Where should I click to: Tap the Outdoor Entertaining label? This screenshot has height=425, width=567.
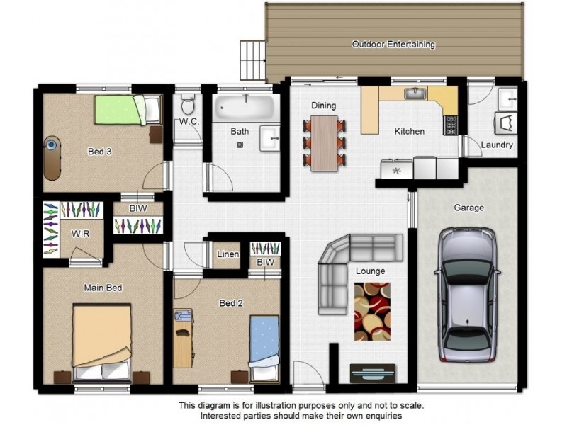click(x=393, y=45)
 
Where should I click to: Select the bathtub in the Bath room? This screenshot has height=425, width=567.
click(x=245, y=108)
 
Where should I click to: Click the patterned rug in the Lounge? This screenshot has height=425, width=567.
click(x=371, y=311)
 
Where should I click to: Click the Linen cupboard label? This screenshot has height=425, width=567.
click(x=228, y=255)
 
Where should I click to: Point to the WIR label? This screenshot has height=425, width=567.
click(x=80, y=234)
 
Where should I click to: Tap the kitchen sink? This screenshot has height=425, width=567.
click(x=415, y=93)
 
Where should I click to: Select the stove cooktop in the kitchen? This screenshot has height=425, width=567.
click(x=450, y=125)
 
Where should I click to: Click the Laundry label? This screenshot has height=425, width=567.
click(x=496, y=145)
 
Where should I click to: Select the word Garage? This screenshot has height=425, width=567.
click(x=468, y=208)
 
